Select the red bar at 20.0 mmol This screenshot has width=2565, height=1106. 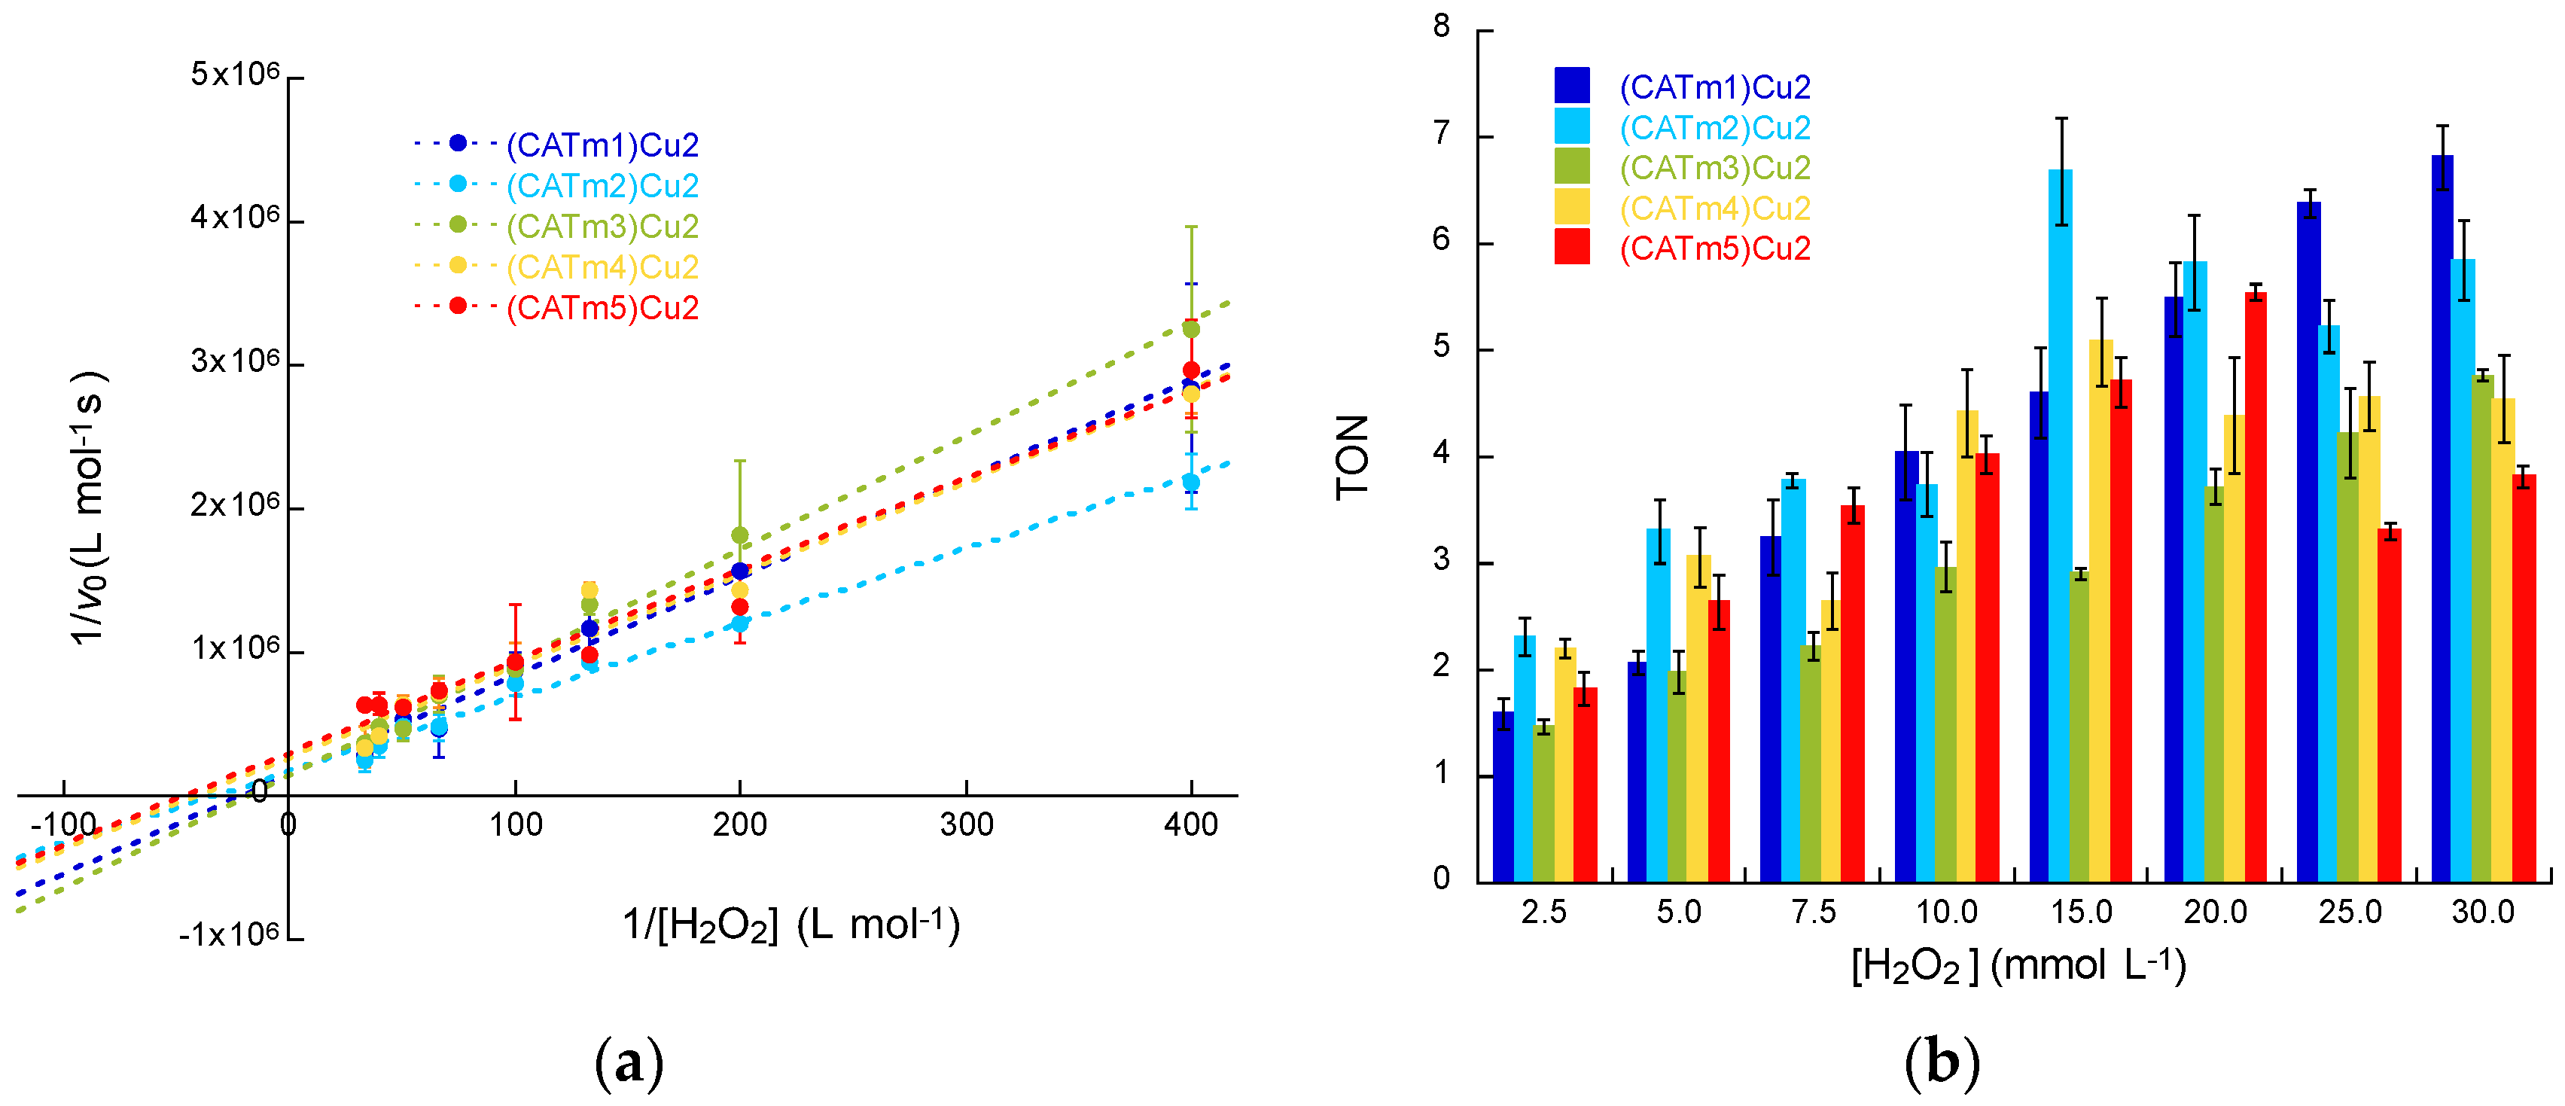pos(2256,587)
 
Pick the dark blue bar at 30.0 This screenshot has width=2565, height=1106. pos(2442,518)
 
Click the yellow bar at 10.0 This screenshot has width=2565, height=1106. pos(1966,646)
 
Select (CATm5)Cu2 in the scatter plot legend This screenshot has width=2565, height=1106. pos(602,308)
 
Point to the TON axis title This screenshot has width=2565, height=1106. pos(1352,457)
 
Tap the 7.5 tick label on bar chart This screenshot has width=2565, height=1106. pos(1812,912)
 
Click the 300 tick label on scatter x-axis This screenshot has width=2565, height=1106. pos(966,824)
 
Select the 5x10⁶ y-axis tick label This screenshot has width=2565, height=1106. pos(235,75)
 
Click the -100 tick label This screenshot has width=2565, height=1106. pos(64,824)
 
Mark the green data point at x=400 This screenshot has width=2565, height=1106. pos(1190,330)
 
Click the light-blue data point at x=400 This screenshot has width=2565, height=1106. pos(1190,482)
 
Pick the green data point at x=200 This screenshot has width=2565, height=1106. pos(740,535)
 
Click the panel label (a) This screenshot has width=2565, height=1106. pos(629,1064)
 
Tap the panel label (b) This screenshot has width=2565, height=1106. pos(1941,1064)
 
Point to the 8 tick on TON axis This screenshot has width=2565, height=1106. pos(1442,27)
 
